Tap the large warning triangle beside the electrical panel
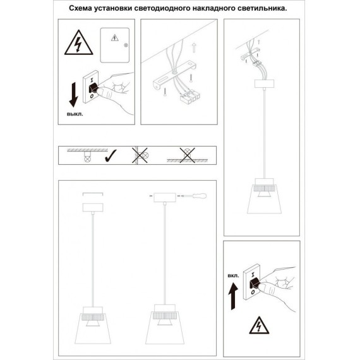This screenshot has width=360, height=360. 79,42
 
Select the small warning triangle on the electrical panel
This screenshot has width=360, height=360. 115,38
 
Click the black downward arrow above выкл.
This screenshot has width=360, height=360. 74,95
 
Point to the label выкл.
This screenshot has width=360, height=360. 75,114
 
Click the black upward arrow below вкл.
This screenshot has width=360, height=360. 233,296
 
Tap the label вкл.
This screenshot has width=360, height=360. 233,276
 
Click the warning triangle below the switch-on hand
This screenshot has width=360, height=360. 259,325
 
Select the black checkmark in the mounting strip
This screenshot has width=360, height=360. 111,155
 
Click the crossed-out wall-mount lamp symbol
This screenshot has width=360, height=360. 140,155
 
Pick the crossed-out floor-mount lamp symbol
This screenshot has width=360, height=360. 188,155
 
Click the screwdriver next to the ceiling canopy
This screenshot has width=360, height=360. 193,196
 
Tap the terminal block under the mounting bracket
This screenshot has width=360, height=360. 190,97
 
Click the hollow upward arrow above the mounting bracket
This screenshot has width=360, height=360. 194,47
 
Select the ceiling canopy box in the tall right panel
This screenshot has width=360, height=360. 264,83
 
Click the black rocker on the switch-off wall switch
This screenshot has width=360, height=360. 93,88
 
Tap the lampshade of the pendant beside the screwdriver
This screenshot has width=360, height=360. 165,328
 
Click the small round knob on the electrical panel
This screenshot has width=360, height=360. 126,45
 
